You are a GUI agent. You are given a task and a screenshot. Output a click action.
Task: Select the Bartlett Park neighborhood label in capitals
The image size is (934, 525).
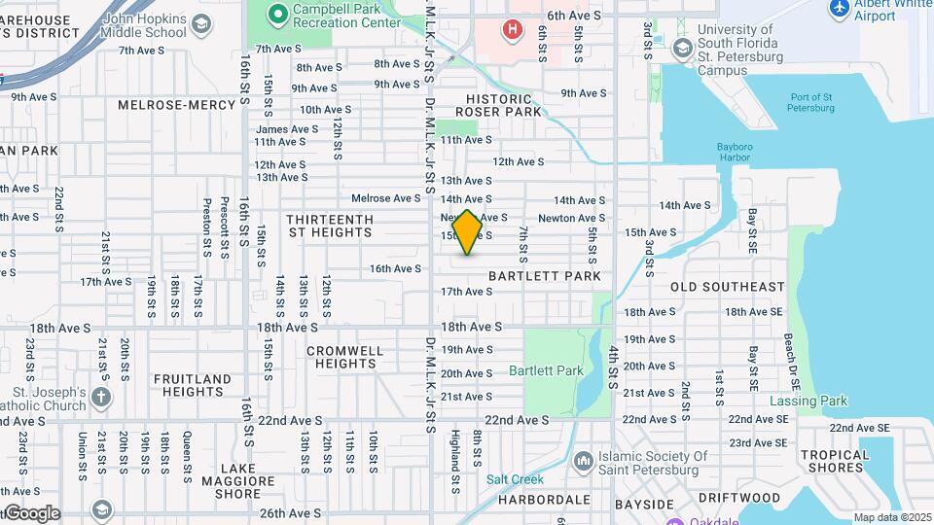coord(544,276)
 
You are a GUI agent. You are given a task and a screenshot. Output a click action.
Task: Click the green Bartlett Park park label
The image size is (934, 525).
coord(546,370)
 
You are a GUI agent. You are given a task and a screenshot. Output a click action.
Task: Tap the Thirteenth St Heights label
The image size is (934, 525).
coord(330,226)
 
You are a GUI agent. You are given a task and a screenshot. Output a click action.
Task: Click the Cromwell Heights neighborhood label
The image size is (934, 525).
coord(341,357)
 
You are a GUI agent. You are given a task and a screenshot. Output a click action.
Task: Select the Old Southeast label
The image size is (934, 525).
coord(728,287)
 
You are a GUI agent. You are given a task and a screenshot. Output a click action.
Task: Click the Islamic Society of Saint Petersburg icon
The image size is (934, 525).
coord(583,459)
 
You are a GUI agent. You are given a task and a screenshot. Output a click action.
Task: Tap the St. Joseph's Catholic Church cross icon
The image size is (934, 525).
coord(102,397)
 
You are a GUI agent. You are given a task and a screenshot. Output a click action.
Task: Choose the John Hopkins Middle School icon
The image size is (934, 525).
coord(201,24)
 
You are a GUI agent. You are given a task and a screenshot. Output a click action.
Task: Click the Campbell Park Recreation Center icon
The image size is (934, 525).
coord(277,13)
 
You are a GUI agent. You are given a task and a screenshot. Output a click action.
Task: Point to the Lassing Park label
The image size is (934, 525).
coord(808,401)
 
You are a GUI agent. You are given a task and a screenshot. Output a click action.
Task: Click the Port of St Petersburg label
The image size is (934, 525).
coord(812,102)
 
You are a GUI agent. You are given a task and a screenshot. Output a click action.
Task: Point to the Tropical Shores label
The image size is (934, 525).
coord(835,461)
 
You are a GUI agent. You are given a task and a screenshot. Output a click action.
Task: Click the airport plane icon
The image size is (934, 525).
coord(839,9)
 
